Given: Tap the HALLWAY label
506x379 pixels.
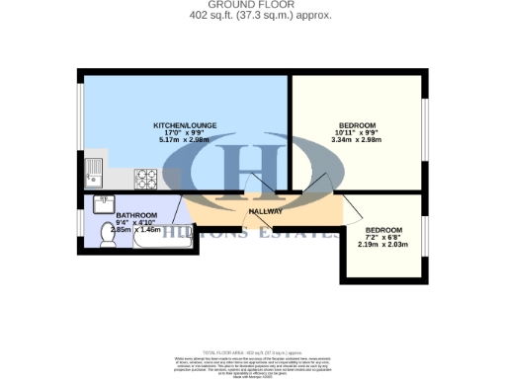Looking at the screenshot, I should tap(266, 210).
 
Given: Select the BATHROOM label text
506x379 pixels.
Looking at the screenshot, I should tap(136, 214).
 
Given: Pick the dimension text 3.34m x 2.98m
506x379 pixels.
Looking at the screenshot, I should tap(357, 142).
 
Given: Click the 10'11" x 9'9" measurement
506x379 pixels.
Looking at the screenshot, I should tap(357, 134).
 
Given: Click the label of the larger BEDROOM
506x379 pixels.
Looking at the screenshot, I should tap(357, 125).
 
